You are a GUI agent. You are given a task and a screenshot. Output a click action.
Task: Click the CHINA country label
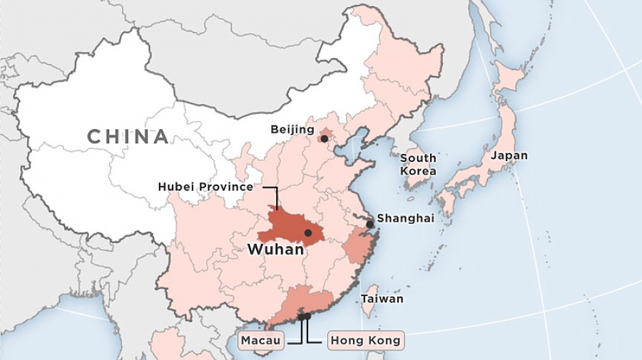click(128, 136)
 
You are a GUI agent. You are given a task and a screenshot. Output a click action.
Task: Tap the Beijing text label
click(292, 130)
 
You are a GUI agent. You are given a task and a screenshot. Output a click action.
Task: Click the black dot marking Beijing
click(325, 138)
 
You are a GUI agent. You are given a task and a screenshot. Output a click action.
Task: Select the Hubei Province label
click(205, 187)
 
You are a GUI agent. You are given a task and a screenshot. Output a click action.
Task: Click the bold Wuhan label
click(275, 250)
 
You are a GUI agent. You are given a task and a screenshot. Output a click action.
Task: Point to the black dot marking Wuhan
click(308, 232)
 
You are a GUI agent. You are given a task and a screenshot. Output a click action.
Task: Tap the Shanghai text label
click(404, 218)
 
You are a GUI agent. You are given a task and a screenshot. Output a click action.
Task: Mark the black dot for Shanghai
click(370, 224)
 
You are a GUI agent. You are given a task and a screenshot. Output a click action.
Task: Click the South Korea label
click(418, 165)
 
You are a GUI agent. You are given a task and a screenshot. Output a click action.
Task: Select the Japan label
click(509, 155)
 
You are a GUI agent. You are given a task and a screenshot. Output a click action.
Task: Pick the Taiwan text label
click(382, 299)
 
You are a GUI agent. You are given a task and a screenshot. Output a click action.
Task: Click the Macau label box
click(260, 341)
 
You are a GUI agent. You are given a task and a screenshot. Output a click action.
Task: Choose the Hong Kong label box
click(365, 341)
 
